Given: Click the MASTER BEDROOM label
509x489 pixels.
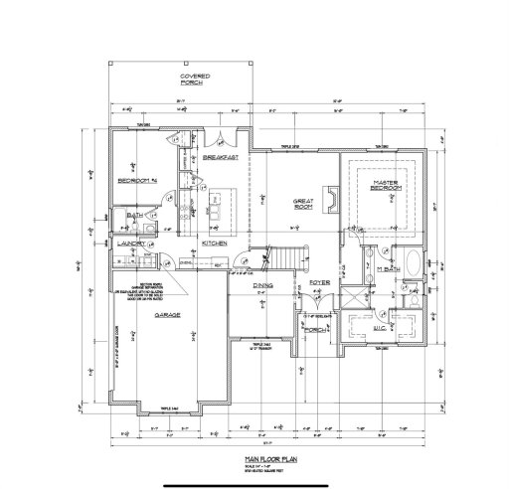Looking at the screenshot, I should (x=386, y=186).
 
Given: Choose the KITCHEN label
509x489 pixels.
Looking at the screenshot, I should (x=217, y=243).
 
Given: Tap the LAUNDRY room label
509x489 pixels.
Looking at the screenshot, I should (x=131, y=243).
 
